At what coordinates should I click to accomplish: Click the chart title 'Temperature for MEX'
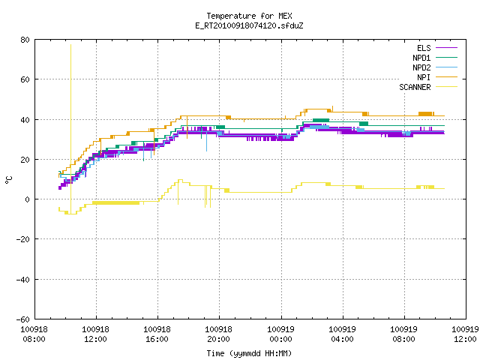tap(249, 16)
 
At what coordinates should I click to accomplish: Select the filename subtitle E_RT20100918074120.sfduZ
tap(249, 25)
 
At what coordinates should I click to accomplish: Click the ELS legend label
tap(424, 48)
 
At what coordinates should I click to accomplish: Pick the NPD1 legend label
tap(421, 58)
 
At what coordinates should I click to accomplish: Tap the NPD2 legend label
tap(421, 67)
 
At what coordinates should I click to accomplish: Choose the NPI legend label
tap(424, 77)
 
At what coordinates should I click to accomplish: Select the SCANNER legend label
tap(415, 87)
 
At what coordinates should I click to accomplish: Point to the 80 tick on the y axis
tap(25, 40)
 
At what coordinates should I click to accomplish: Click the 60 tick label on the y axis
tap(25, 79)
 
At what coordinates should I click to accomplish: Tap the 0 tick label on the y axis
tap(28, 199)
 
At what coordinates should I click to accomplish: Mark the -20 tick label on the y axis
tap(23, 239)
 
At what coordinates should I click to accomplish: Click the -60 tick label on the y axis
tap(23, 319)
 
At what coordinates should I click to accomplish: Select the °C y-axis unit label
tap(8, 180)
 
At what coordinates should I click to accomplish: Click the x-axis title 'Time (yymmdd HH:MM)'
tap(249, 353)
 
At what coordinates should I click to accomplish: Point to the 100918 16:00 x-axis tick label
tap(157, 334)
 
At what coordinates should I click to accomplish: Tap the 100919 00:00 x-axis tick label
tap(280, 334)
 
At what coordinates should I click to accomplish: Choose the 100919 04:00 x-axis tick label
tap(342, 334)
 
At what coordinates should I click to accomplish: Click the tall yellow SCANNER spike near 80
tap(71, 128)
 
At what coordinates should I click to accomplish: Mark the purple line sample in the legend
tap(447, 48)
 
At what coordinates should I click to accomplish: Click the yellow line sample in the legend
tap(447, 87)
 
